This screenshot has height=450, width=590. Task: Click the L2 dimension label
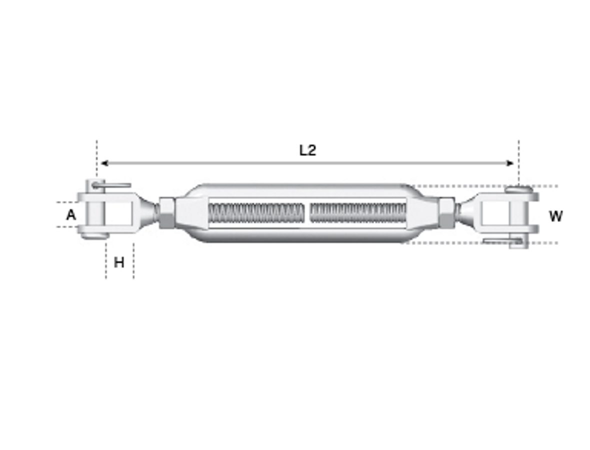(x=307, y=150)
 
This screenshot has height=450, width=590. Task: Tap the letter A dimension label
(x=71, y=215)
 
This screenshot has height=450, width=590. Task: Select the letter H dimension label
(x=119, y=262)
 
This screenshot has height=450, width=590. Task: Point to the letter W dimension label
(x=555, y=216)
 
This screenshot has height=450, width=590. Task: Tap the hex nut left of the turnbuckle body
(x=167, y=212)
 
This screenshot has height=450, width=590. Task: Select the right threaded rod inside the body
(x=357, y=213)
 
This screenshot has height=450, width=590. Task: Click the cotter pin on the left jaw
(x=112, y=185)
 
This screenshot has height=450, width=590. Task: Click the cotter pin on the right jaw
(x=502, y=241)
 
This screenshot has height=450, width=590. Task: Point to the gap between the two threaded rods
(x=306, y=213)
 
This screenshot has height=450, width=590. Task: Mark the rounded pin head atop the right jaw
(x=518, y=189)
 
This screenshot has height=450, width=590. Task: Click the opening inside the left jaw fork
(x=118, y=213)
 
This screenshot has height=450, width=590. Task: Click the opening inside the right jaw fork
(x=495, y=214)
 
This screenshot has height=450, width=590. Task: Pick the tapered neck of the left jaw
(x=147, y=212)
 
